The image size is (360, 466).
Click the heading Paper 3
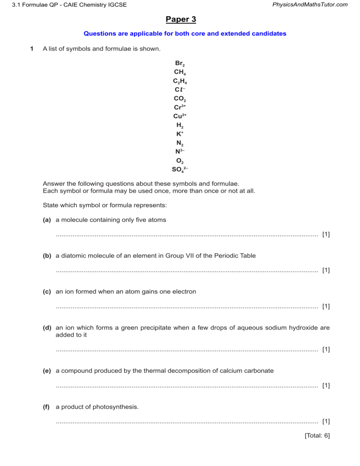(x=180, y=19)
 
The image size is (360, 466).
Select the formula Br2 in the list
(x=180, y=63)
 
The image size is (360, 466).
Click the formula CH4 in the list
(x=180, y=72)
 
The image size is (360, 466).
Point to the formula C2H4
(x=180, y=81)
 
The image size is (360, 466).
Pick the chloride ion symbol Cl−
(x=180, y=90)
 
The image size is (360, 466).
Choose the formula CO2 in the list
(x=180, y=99)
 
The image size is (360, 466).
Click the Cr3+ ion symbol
(x=180, y=107)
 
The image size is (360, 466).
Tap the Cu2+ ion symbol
(x=180, y=116)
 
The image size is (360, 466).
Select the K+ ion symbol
(x=180, y=134)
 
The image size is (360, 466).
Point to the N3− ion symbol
(x=180, y=151)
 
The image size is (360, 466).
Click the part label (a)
(x=47, y=220)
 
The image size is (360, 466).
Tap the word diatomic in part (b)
(x=73, y=256)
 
